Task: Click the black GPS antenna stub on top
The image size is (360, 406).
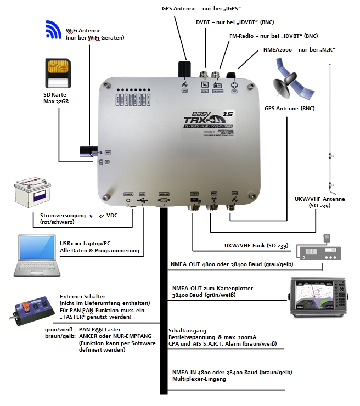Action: pyautogui.click(x=183, y=71)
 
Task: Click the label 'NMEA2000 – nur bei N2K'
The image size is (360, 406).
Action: pyautogui.click(x=295, y=50)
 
